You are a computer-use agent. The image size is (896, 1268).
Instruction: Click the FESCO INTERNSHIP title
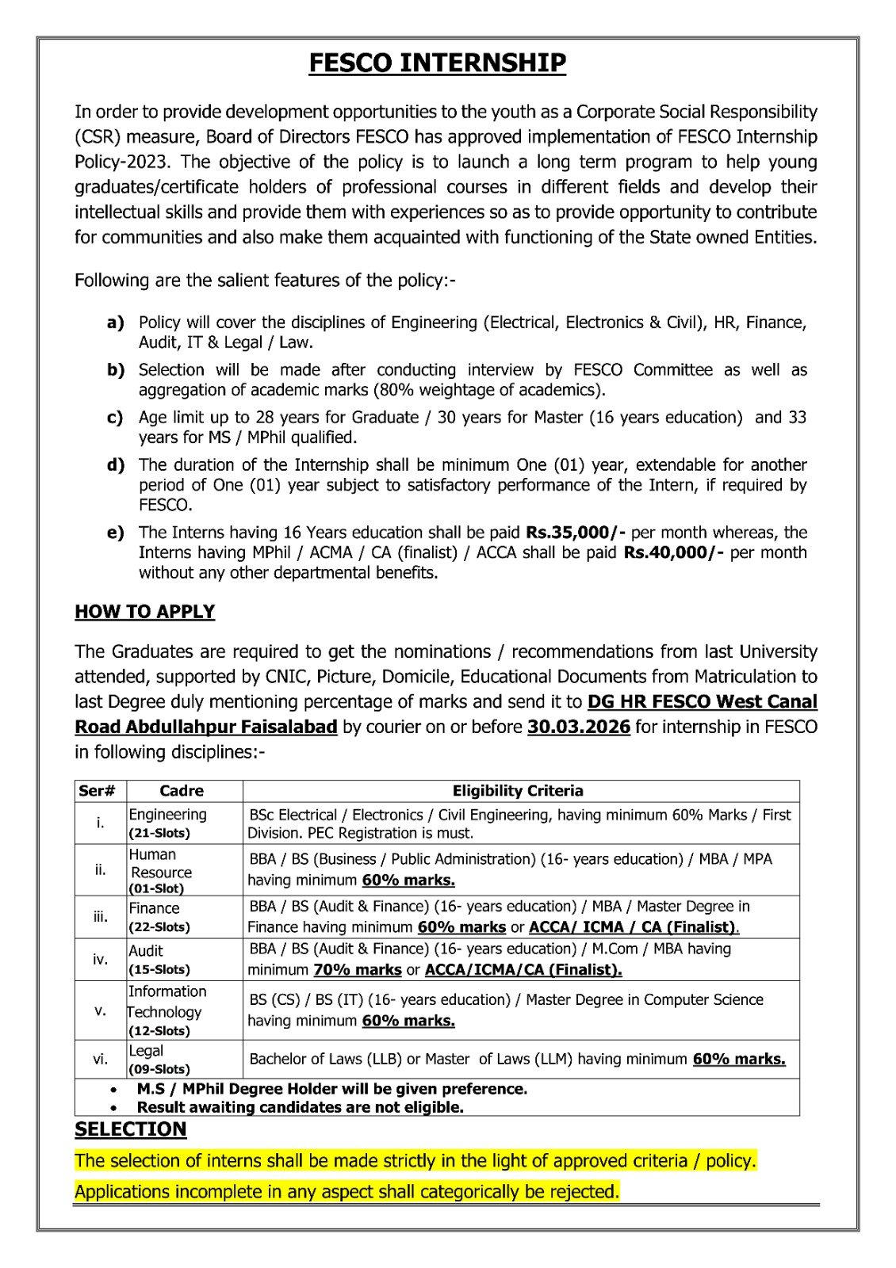click(x=437, y=63)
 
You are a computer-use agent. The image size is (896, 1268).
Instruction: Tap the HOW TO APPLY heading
click(x=144, y=612)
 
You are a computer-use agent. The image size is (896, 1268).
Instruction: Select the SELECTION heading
click(x=131, y=1129)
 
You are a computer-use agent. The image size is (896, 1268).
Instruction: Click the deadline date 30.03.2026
click(x=578, y=727)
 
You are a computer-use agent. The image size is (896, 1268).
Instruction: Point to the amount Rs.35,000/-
click(x=576, y=533)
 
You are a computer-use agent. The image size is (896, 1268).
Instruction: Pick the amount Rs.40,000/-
click(x=674, y=552)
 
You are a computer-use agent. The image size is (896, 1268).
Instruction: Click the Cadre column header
click(x=182, y=791)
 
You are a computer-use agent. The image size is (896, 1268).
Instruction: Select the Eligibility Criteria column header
click(x=518, y=791)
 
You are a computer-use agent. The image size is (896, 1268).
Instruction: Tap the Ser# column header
click(x=98, y=791)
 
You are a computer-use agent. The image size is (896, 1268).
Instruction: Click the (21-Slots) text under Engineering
click(x=159, y=833)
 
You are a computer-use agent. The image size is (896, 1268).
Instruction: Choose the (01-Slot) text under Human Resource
click(x=156, y=888)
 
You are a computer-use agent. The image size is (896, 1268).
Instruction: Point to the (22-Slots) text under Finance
click(x=159, y=926)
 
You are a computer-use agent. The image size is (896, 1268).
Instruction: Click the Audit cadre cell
click(x=146, y=951)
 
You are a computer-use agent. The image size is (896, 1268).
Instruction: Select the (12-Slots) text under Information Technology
click(x=159, y=1031)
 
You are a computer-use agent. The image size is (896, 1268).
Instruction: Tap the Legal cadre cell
click(x=146, y=1051)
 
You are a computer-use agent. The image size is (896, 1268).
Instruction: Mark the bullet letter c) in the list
click(x=116, y=418)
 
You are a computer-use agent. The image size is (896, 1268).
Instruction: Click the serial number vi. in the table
click(x=100, y=1059)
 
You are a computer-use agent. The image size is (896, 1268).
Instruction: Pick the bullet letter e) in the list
click(x=116, y=533)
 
